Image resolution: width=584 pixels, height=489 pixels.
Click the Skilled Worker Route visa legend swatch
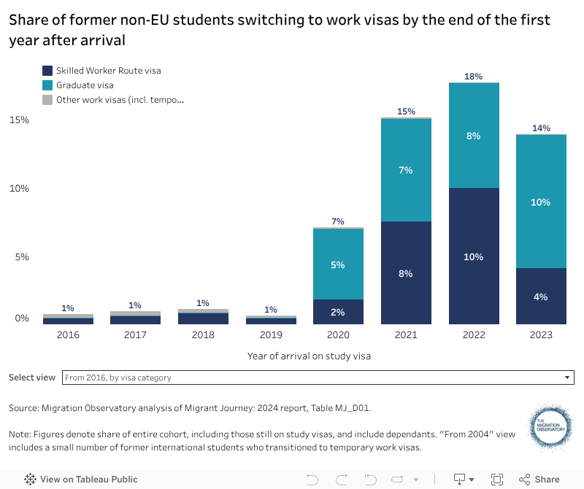[x=47, y=71]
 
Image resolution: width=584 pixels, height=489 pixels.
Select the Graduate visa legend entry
[x=85, y=85]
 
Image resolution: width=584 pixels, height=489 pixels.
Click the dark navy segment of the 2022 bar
[x=474, y=256]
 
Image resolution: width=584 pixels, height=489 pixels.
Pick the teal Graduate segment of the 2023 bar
[x=541, y=202]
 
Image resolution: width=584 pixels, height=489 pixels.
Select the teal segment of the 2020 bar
[x=337, y=264]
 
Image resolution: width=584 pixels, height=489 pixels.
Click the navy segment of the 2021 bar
[x=406, y=273]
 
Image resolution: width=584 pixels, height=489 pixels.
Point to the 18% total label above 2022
[x=474, y=76]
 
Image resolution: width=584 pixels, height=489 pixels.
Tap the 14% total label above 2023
[x=541, y=128]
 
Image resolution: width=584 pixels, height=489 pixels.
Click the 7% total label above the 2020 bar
[x=337, y=222]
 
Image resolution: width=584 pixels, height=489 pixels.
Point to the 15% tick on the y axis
[x=19, y=120]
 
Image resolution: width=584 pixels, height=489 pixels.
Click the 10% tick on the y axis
[x=19, y=188]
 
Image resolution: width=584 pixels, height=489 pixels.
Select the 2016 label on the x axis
[x=68, y=335]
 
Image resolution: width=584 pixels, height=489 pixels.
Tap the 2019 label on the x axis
[x=270, y=335]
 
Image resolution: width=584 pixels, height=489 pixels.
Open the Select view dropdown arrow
[x=567, y=377]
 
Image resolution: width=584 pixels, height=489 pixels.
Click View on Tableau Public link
[x=81, y=479]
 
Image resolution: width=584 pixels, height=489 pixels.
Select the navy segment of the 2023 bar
[x=541, y=296]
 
